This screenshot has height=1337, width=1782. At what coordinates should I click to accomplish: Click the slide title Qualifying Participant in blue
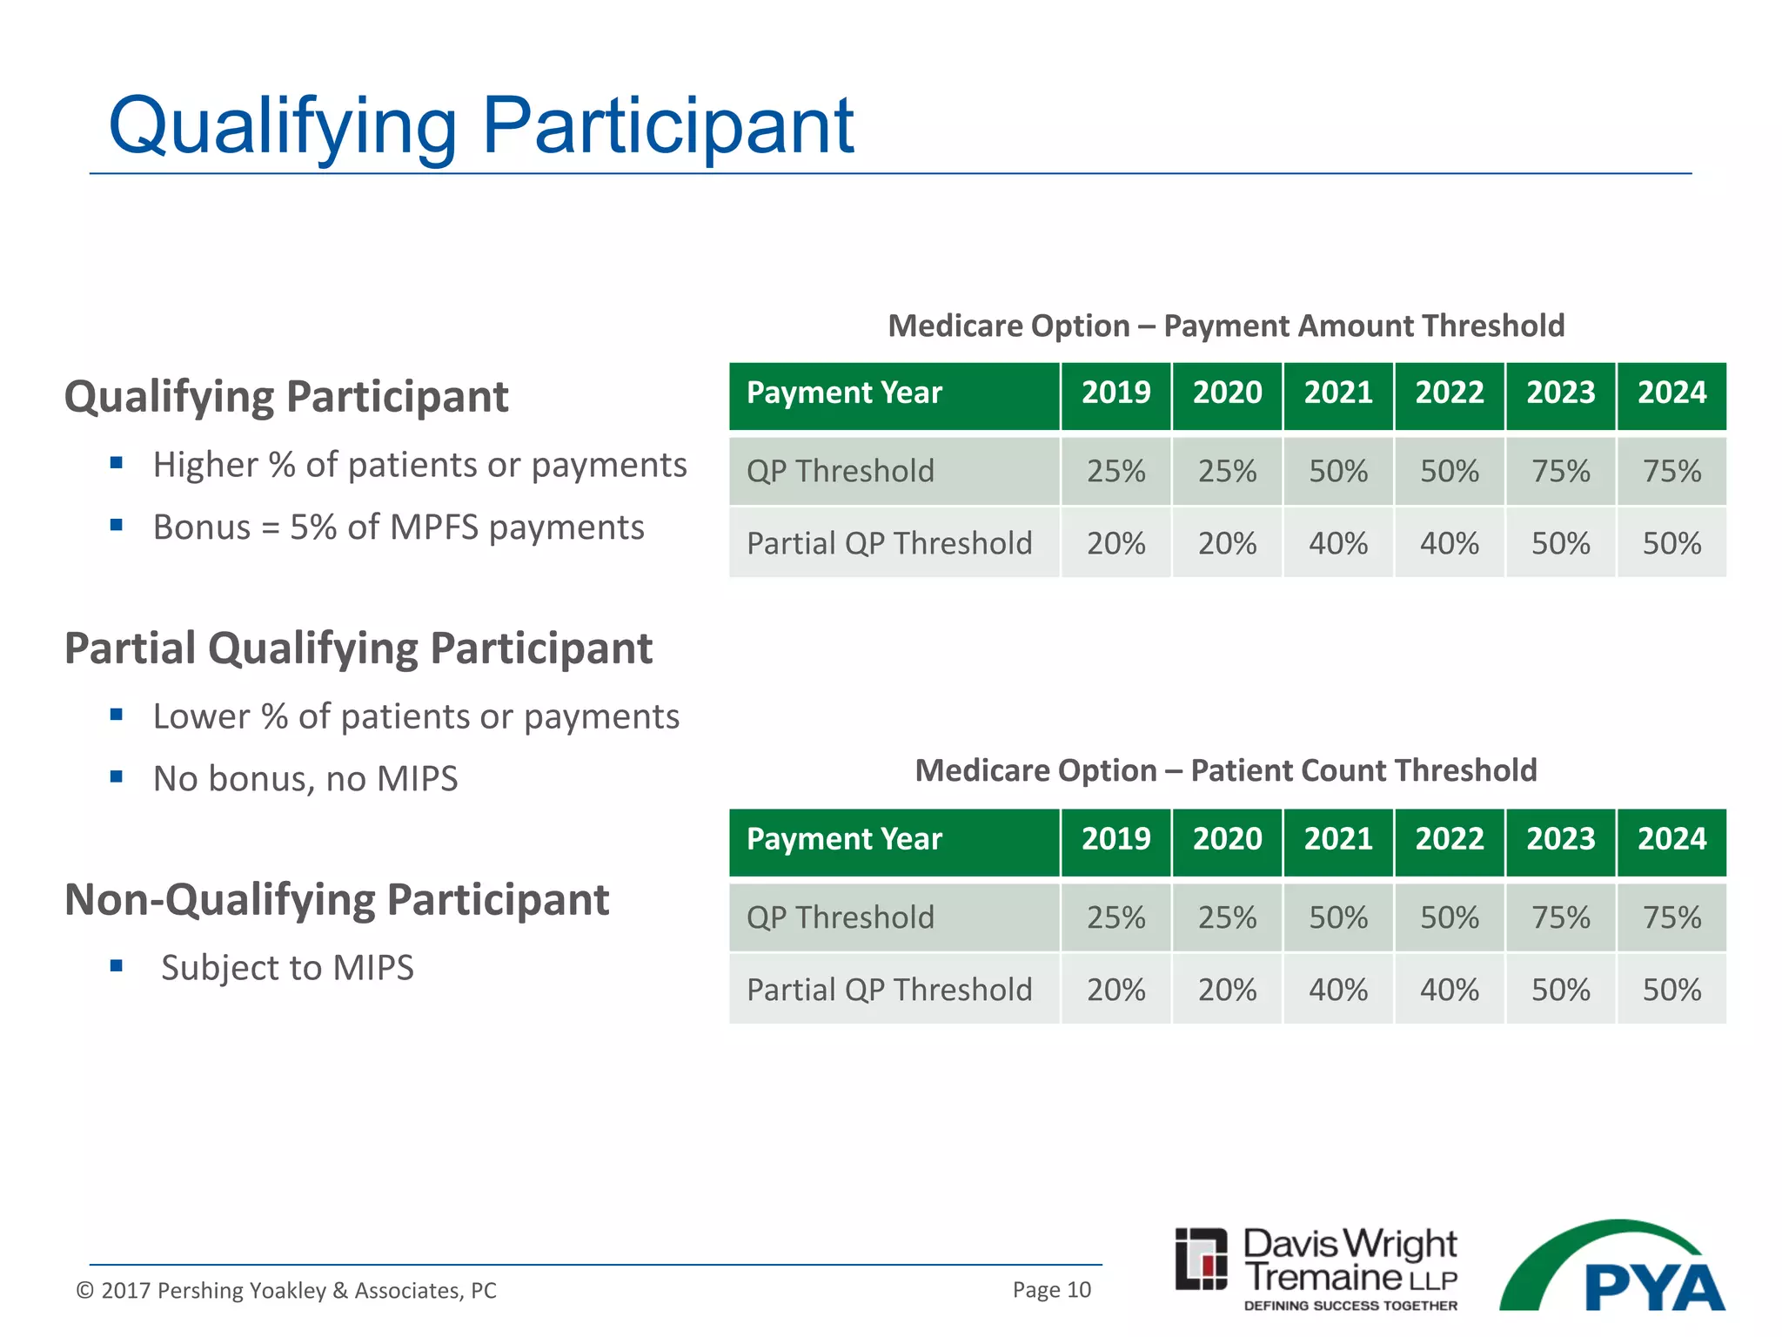pyautogui.click(x=480, y=127)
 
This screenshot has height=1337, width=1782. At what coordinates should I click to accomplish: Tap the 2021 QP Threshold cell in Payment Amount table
pyautogui.click(x=1338, y=471)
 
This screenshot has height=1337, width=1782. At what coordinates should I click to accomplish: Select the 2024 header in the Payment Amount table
pyautogui.click(x=1671, y=393)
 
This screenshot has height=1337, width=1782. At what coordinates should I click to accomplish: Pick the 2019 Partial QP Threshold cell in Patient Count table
pyautogui.click(x=1115, y=990)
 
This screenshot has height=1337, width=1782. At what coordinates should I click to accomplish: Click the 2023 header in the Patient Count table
pyautogui.click(x=1560, y=839)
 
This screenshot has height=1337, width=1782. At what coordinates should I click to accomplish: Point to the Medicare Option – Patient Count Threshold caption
pyautogui.click(x=1225, y=770)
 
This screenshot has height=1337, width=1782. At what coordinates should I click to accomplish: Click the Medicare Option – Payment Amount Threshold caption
pyautogui.click(x=1225, y=326)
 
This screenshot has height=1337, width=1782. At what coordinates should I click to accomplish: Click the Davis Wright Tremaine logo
pyautogui.click(x=1316, y=1267)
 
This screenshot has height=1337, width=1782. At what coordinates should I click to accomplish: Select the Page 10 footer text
pyautogui.click(x=1051, y=1290)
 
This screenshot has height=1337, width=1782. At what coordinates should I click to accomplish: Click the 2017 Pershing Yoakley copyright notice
pyautogui.click(x=286, y=1290)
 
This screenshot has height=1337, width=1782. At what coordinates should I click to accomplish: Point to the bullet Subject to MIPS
pyautogui.click(x=287, y=968)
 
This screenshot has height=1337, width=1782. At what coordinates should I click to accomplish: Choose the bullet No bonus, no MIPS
pyautogui.click(x=305, y=779)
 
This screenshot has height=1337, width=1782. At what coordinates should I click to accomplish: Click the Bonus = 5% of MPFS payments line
pyautogui.click(x=399, y=527)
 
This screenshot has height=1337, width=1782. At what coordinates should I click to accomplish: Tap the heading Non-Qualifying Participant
pyautogui.click(x=337, y=900)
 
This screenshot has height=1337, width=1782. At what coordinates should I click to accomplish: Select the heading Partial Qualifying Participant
pyautogui.click(x=358, y=648)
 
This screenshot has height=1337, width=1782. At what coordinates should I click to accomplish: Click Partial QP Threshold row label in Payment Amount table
pyautogui.click(x=889, y=543)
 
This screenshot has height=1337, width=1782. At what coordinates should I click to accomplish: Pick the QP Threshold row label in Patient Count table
pyautogui.click(x=841, y=917)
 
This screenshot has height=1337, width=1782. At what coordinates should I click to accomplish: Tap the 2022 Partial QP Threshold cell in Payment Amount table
pyautogui.click(x=1449, y=543)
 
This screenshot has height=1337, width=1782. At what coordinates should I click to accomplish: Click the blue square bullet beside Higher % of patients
pyautogui.click(x=117, y=463)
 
